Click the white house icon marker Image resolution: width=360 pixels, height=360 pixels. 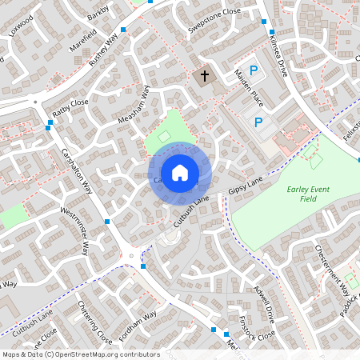pyautogui.click(x=180, y=172)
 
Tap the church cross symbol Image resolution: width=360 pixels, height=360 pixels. pyautogui.click(x=204, y=77)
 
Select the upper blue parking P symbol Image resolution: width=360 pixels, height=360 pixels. pyautogui.click(x=254, y=71)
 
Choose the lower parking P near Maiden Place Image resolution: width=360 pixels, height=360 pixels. pyautogui.click(x=258, y=122)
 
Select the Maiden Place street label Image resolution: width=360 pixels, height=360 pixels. pyautogui.click(x=246, y=95)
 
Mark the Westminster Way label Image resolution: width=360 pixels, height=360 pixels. pyautogui.click(x=75, y=230)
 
